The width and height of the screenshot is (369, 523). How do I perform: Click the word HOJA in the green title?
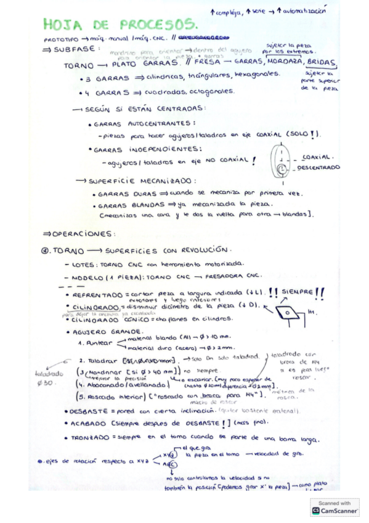click(x=64, y=25)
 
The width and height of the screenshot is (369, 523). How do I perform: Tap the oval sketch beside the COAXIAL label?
click(x=280, y=160)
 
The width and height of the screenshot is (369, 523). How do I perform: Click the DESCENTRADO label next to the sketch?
click(x=318, y=167)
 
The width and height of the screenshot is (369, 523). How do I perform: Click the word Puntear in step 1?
click(x=93, y=344)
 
